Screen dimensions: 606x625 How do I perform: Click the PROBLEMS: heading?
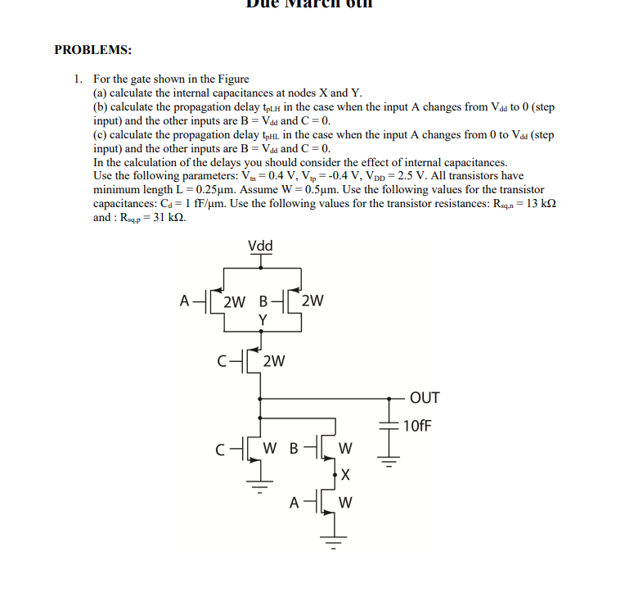[x=92, y=50]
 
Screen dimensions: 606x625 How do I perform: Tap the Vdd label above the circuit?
[x=260, y=246]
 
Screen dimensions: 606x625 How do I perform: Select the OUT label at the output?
[x=425, y=399]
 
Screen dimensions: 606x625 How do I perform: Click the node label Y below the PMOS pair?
[x=263, y=319]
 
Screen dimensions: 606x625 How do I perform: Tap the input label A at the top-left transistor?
[x=185, y=300]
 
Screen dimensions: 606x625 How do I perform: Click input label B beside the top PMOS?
[x=263, y=300]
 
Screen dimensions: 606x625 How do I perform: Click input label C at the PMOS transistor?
[x=223, y=359]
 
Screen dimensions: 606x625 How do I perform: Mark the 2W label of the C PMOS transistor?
[x=276, y=359]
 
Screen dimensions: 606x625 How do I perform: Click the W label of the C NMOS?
[x=271, y=448]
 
